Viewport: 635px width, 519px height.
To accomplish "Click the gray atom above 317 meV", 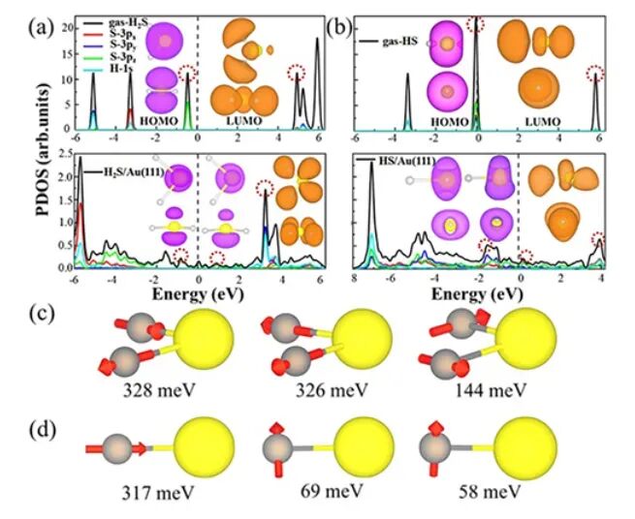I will pos(117,449).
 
